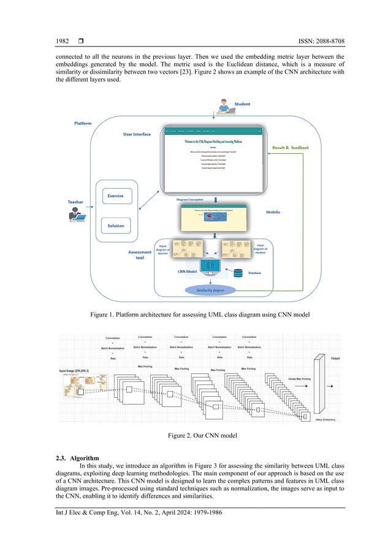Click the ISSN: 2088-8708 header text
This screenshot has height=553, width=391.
(312, 41)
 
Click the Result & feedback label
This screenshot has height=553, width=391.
(290, 148)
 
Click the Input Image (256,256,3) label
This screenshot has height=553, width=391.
(80, 371)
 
